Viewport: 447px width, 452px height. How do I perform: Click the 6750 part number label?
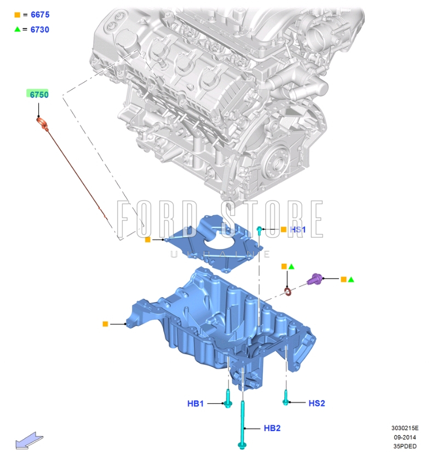coord(39,95)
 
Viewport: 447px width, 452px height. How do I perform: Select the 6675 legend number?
coord(40,15)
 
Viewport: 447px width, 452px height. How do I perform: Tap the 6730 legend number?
coord(40,30)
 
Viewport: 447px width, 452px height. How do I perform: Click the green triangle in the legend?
coord(18,29)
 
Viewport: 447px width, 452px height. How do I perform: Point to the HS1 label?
coord(298,230)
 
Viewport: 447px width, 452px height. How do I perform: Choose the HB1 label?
coord(196,404)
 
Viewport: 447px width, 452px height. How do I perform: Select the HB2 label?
coord(272,428)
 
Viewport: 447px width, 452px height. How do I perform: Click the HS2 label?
coord(317,403)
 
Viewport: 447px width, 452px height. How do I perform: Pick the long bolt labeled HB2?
coord(241,427)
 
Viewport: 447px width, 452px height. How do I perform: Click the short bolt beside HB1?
coord(228,399)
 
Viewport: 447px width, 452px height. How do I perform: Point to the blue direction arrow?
coord(29,441)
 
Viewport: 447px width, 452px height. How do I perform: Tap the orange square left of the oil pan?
coord(105,324)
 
